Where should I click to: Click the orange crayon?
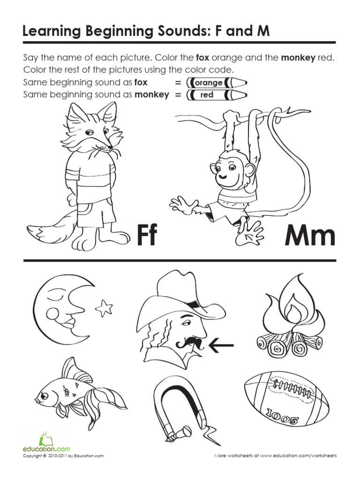216,83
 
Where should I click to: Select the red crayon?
216,95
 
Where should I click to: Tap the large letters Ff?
146,235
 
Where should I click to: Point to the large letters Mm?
310,235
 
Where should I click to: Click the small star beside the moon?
104,307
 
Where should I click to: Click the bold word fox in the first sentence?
202,58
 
